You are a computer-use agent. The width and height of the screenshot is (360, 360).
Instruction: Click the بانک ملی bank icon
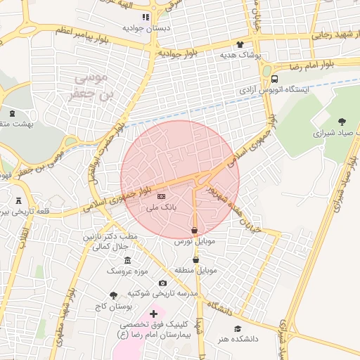click(x=161, y=196)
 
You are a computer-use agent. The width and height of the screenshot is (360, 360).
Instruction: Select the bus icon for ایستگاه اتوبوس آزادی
click(x=274, y=79)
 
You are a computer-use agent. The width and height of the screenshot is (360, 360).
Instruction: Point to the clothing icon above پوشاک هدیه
click(x=249, y=44)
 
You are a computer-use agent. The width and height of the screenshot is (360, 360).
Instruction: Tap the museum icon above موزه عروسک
click(x=127, y=260)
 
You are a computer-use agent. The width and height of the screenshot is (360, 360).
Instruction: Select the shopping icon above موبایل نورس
click(x=194, y=231)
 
